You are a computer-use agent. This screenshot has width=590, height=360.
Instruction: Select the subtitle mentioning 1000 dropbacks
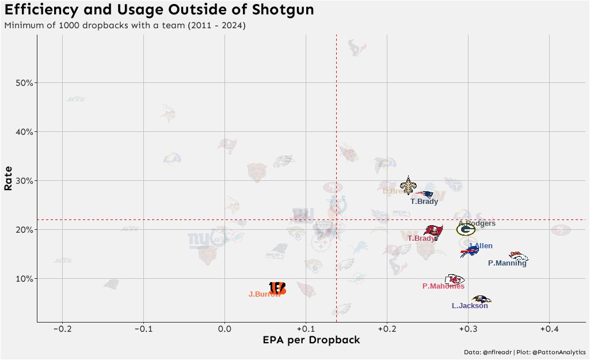click(125, 26)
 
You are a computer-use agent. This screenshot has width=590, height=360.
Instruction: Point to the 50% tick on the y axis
click(22, 82)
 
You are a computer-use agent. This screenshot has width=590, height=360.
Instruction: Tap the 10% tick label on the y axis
click(22, 278)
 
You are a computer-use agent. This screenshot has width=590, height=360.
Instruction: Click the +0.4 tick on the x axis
click(549, 329)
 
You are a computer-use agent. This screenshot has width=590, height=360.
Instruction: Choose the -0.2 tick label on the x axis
click(62, 329)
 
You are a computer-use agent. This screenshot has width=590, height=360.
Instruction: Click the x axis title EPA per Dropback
click(311, 340)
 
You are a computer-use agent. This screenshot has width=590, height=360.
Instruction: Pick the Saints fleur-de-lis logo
click(409, 185)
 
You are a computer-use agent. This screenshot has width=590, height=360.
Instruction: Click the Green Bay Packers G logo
click(466, 229)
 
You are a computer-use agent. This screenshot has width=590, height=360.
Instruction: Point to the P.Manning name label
click(507, 263)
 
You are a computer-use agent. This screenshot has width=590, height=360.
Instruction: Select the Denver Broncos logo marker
click(518, 256)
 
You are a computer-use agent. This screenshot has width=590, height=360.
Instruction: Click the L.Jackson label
click(470, 306)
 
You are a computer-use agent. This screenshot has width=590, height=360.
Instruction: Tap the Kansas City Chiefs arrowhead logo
click(454, 279)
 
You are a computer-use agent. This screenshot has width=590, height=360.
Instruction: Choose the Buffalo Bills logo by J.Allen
click(470, 252)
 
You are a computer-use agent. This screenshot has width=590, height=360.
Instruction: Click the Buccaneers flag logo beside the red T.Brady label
click(433, 232)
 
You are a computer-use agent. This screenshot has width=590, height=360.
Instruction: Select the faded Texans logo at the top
click(357, 48)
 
